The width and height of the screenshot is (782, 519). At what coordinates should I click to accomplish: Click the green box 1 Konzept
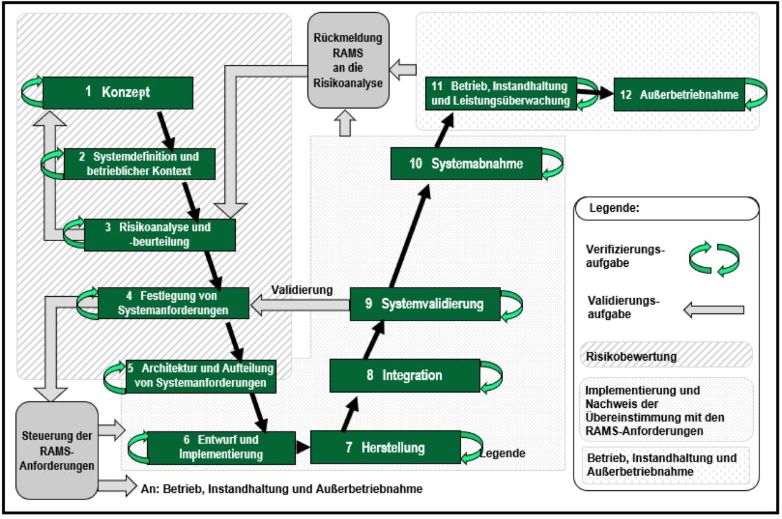point(117,92)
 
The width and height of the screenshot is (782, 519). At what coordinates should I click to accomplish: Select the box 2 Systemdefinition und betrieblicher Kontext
point(139,164)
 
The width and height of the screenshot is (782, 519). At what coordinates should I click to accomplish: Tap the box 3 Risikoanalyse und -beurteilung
point(159,234)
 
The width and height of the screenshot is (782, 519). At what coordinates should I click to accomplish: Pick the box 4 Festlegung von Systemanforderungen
point(174,302)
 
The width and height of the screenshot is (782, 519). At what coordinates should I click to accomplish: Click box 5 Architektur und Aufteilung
point(200,376)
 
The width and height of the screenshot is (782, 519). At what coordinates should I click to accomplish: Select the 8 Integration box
point(404,375)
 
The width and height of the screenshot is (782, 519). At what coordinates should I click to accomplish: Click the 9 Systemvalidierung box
point(425,303)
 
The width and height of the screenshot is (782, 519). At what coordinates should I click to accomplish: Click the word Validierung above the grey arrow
point(302,289)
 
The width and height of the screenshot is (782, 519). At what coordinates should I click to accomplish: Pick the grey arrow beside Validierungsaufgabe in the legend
point(712,310)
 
